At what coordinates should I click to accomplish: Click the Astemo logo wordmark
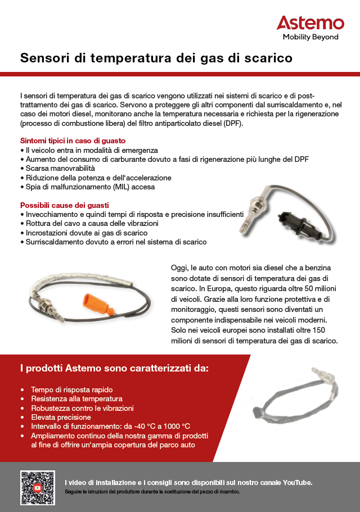pos(310,23)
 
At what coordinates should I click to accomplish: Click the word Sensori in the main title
pos(44,58)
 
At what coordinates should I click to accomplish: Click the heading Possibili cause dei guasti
pos(65,205)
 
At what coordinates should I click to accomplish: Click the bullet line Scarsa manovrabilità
pos(60,168)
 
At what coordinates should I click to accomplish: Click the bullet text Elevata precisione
pos(61,417)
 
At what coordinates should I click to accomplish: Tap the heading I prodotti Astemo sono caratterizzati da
pos(114,369)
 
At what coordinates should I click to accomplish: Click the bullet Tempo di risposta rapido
pos(72,389)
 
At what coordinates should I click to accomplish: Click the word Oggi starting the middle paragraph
pos(179,268)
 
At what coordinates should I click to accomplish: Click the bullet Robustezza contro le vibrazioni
pos(82,408)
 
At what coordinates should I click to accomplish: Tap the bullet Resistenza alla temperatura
pos(76,398)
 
